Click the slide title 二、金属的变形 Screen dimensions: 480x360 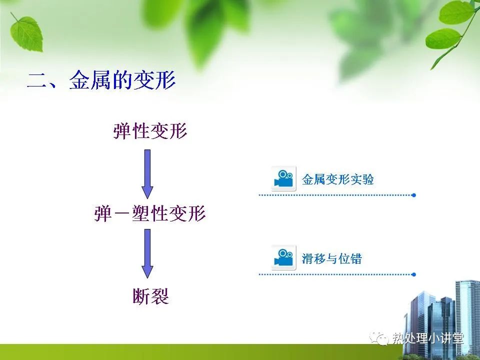coord(101,80)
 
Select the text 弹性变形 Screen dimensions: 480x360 coord(150,131)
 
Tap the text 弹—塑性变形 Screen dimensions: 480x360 coord(150,213)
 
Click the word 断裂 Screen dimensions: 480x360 coord(150,296)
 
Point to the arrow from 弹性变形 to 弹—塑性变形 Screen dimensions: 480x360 coord(147,174)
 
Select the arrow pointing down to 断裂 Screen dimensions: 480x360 coord(147,253)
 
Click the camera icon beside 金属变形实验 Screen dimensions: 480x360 coord(283,178)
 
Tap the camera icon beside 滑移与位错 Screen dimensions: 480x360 coord(283,257)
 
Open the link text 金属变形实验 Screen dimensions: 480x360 coord(337,179)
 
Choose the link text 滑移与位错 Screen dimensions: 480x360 coord(332,258)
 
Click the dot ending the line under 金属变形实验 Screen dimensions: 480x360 coord(414,195)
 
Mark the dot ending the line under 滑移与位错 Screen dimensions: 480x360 coord(414,274)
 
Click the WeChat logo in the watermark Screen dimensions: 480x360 coord(379,338)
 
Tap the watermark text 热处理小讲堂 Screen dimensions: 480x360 coord(428,338)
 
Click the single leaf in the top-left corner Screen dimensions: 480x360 coord(26,33)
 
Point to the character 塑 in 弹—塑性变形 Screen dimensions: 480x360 coord(141,213)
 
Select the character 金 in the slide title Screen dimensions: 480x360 coord(79,80)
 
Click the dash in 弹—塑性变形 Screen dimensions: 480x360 coord(121,214)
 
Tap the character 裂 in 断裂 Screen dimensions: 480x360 coord(160,296)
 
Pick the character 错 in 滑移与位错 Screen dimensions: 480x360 coord(356,258)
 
